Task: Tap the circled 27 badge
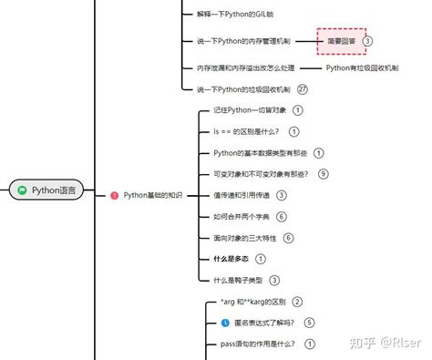coord(303,89)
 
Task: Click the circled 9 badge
coord(323,173)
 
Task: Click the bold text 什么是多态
coord(231,259)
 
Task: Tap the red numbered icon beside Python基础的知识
coord(114,195)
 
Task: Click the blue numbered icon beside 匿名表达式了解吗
coord(224,322)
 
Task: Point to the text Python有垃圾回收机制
coord(362,67)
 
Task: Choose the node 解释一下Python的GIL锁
coord(233,15)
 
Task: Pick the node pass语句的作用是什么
coord(254,344)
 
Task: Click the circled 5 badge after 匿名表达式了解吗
coord(310,322)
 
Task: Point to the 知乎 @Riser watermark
coord(384,340)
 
